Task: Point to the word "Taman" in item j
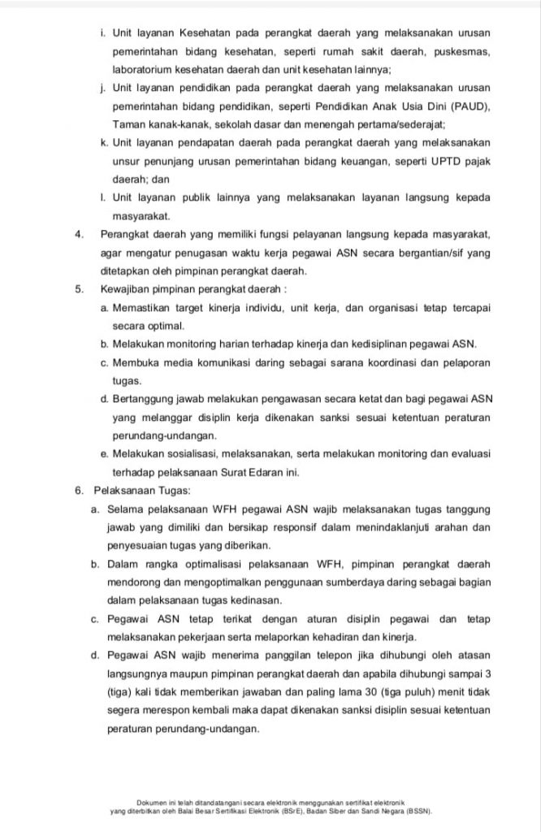[x=128, y=124]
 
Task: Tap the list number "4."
[x=79, y=234]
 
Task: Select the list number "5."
[x=79, y=288]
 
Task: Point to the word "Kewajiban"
[x=127, y=288]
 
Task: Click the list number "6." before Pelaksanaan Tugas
[x=78, y=490]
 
